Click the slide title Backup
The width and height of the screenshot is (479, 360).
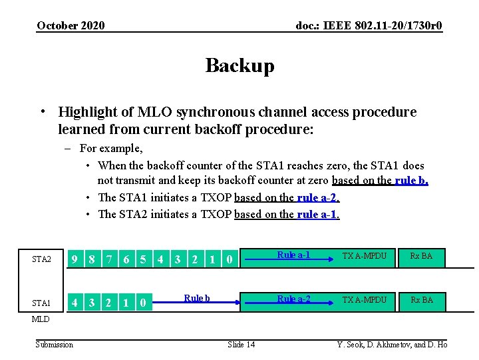click(x=239, y=66)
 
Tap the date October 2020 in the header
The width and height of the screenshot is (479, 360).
click(x=71, y=26)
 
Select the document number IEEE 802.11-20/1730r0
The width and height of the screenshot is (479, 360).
click(x=369, y=26)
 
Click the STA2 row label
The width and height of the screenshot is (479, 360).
click(x=41, y=259)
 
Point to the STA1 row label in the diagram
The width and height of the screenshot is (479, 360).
click(x=41, y=304)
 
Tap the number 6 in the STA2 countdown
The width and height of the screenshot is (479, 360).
click(x=126, y=259)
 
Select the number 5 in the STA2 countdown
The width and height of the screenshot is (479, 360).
click(x=143, y=259)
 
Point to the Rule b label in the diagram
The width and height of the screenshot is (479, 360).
click(x=197, y=298)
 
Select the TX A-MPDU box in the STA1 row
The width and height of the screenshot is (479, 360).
click(x=364, y=300)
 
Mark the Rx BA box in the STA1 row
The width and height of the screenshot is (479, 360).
click(x=420, y=300)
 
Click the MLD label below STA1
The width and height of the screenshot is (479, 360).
click(x=41, y=319)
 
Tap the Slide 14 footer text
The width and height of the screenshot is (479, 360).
click(x=241, y=344)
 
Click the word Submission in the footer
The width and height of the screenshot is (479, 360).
click(x=55, y=344)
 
